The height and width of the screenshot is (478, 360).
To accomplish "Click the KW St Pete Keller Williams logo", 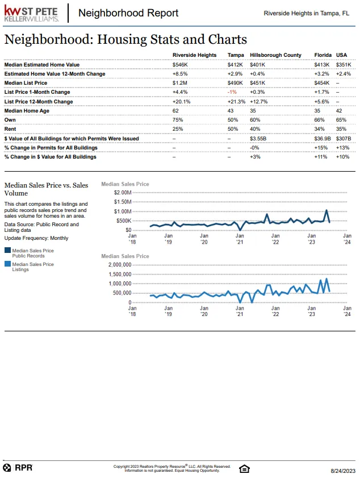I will pos(32,14).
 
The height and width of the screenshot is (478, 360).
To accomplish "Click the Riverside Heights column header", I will pos(194,55).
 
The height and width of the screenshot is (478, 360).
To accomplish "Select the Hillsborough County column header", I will pos(275,55).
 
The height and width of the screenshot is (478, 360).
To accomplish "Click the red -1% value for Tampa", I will pos(232,92).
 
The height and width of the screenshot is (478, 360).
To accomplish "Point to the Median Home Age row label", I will pos(27,111).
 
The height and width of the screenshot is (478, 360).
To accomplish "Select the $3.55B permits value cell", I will pos(258,138).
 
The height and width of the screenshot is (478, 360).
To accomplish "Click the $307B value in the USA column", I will pos(344,138).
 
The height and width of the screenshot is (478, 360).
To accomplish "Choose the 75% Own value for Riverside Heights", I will pos(178,120).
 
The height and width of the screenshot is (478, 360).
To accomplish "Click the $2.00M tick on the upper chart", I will pos(122,193).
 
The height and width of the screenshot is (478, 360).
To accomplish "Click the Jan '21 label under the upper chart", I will pos(240,238).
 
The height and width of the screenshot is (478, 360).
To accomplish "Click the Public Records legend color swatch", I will pos(7,250).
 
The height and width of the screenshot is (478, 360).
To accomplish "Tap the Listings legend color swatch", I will pos(7,264).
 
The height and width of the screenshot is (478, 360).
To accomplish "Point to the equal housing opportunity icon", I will pos(245,468).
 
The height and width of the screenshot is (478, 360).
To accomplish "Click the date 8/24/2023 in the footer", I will pos(343,471).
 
